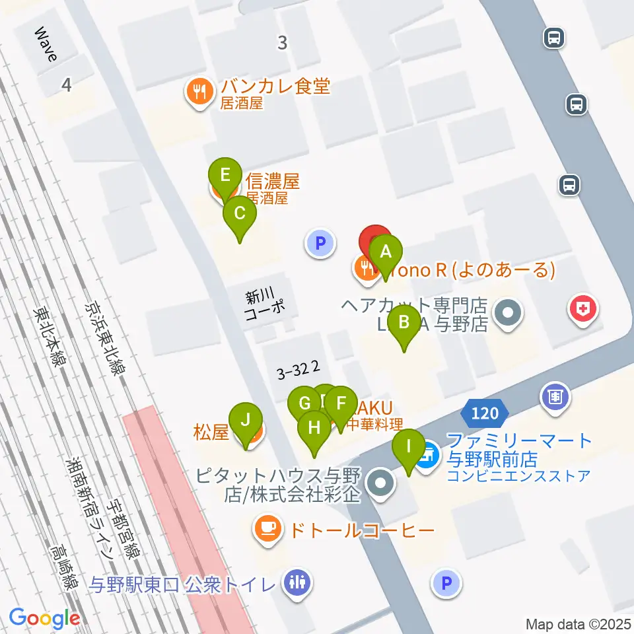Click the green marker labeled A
pos(387,252)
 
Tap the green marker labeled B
pos(404,324)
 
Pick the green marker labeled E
pos(225,176)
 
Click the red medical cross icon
pos(583,308)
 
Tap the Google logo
pos(44,617)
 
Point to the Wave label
pos(47,44)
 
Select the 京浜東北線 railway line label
pos(106,340)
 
